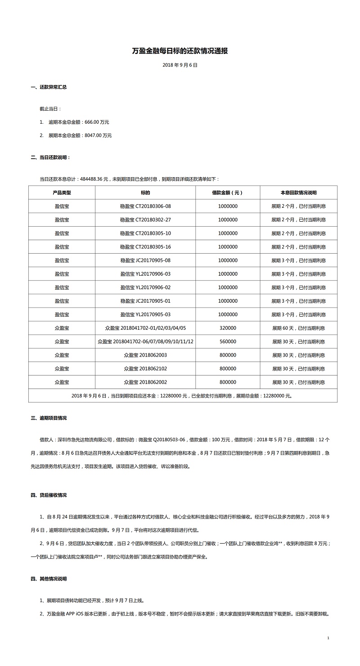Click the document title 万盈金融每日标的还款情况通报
(x=180, y=51)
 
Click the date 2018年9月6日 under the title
(x=180, y=65)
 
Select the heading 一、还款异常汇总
(x=49, y=87)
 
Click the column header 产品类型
(x=62, y=193)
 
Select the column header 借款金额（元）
(x=227, y=193)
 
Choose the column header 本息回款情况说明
(x=298, y=193)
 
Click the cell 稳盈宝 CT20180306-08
(x=145, y=206)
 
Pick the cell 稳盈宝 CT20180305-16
(x=145, y=247)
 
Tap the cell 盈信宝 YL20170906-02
(x=145, y=287)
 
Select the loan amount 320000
(x=228, y=328)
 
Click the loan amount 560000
(x=228, y=341)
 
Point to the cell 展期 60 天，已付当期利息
(x=298, y=328)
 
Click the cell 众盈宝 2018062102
(x=145, y=368)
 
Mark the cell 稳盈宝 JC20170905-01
(x=145, y=301)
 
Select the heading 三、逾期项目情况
(x=49, y=418)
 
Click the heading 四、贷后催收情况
(x=49, y=495)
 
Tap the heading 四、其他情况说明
(x=49, y=579)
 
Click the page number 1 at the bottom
(x=328, y=638)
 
